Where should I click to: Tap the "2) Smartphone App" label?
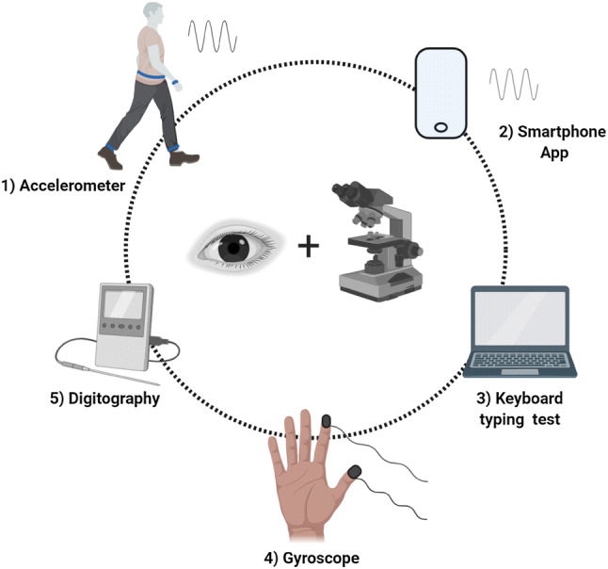pos(537,142)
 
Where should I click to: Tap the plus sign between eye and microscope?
pos(307,248)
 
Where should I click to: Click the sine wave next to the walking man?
pos(212,36)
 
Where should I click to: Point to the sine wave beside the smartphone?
pos(513,84)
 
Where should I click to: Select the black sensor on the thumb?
pos(355,470)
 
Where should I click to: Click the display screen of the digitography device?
pos(124,308)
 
